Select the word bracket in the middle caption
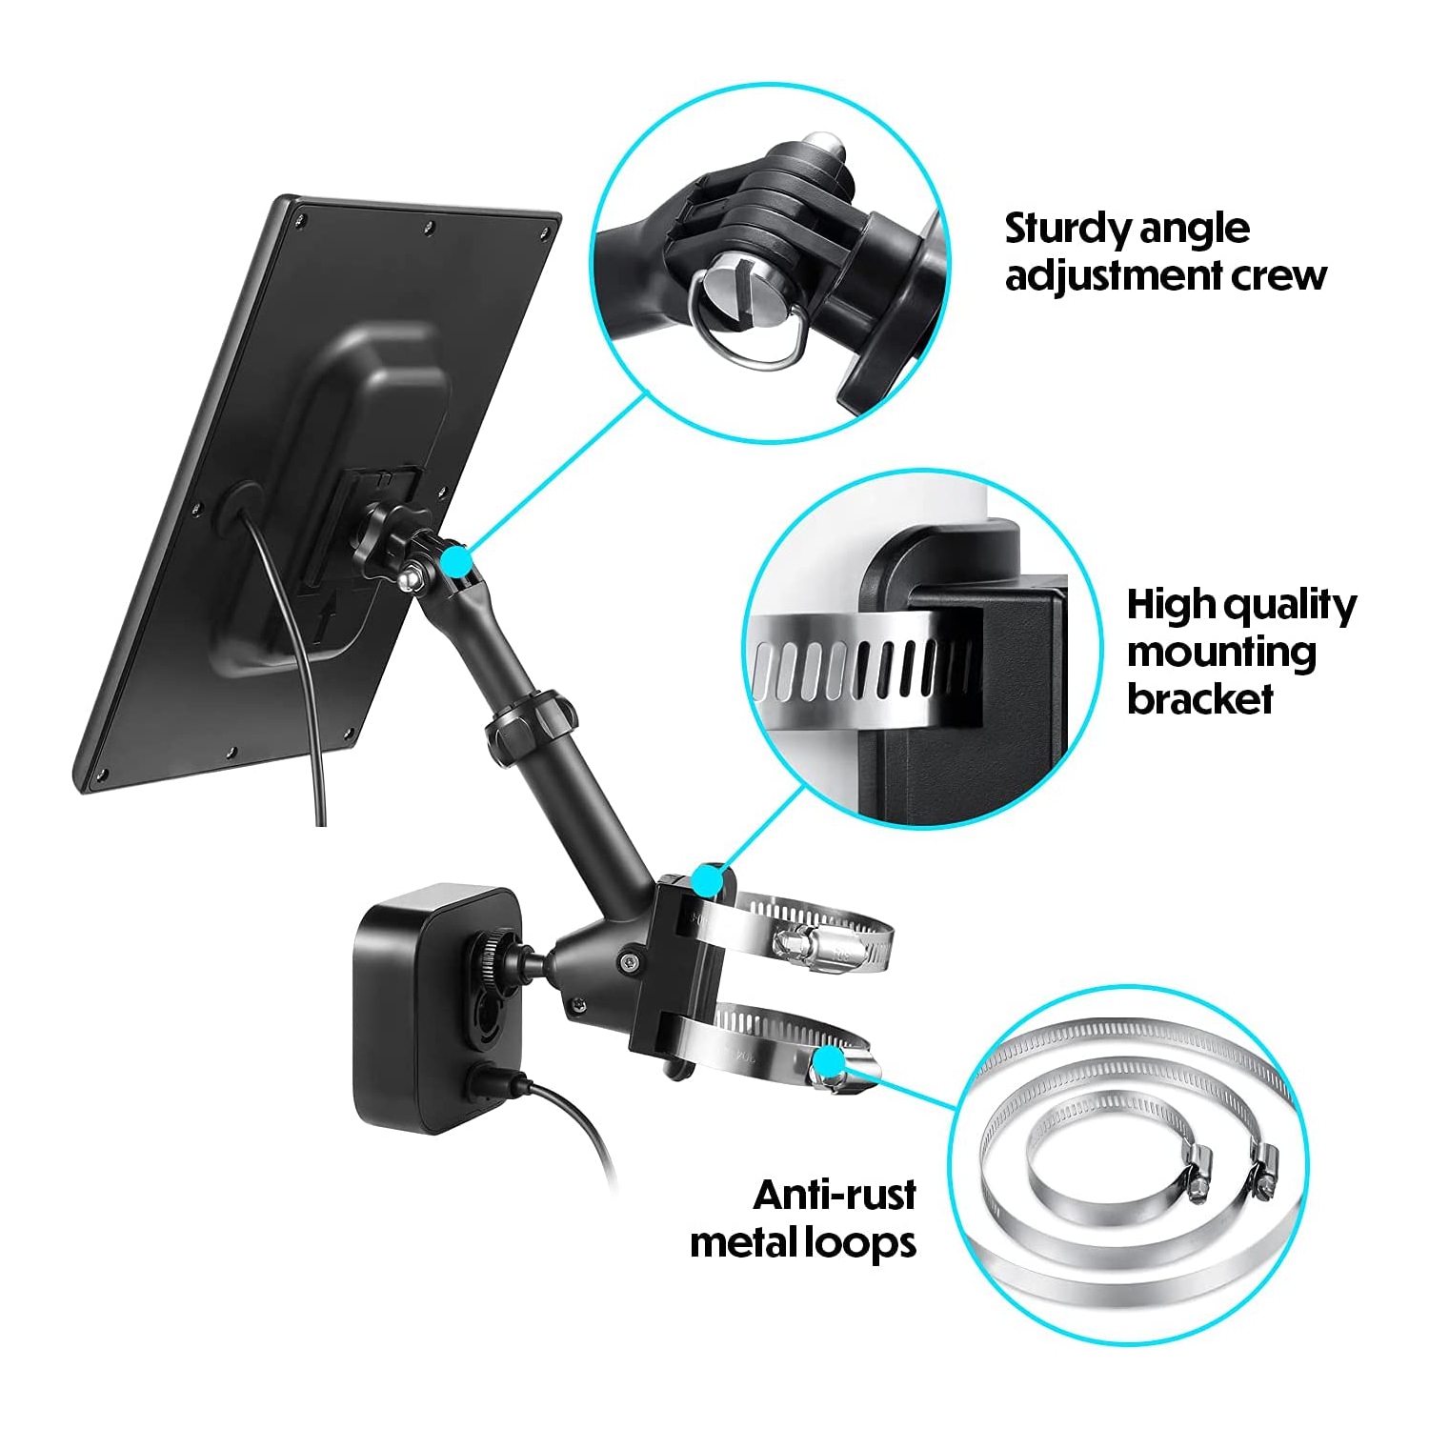1200,699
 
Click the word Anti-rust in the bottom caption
835,1195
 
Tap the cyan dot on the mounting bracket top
706,880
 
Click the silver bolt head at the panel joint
411,577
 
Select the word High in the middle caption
1169,605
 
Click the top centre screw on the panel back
430,227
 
